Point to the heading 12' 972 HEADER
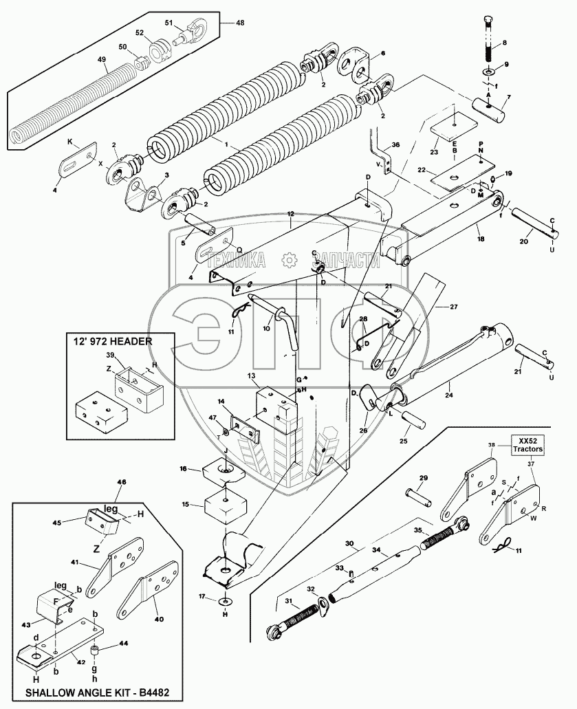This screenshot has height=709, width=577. click(x=113, y=340)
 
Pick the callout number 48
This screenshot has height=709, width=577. click(x=240, y=23)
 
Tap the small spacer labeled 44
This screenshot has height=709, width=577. click(x=96, y=650)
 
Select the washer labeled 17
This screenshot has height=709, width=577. click(x=224, y=602)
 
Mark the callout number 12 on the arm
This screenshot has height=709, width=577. click(x=290, y=215)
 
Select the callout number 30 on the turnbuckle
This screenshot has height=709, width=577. click(x=349, y=543)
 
